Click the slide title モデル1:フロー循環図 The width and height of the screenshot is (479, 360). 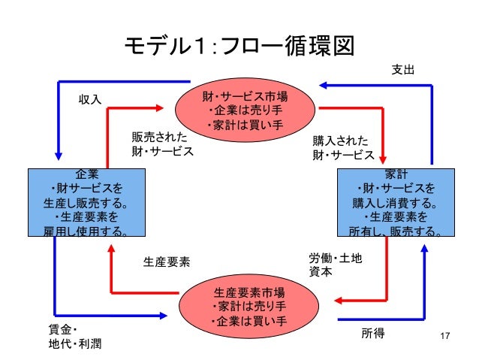[239, 47]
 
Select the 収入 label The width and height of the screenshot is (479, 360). [90, 98]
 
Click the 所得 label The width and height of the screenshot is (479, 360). [373, 332]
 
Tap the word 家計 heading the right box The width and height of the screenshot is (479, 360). [396, 174]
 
